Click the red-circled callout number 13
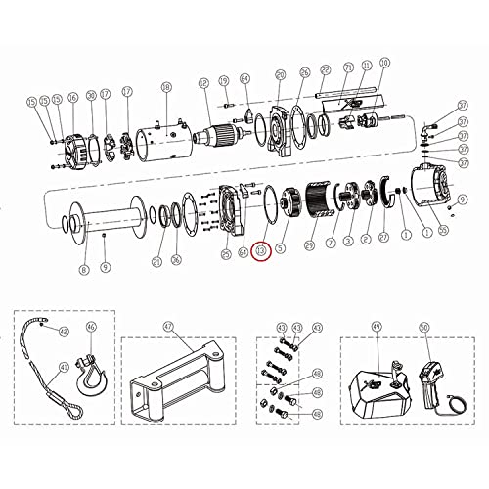click(x=260, y=251)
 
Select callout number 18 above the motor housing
click(x=166, y=88)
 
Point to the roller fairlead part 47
click(x=180, y=381)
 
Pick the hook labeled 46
click(x=92, y=377)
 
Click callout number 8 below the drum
click(x=83, y=269)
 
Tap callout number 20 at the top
click(x=280, y=74)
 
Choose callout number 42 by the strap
click(x=64, y=332)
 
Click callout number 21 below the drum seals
click(x=156, y=261)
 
